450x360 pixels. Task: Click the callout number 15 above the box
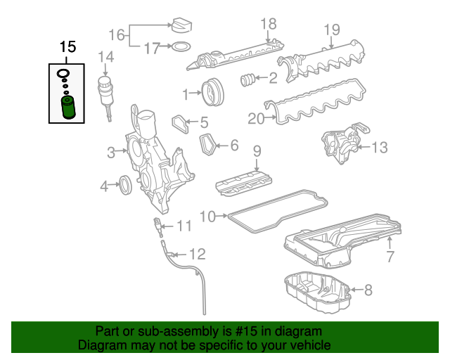[x=67, y=48]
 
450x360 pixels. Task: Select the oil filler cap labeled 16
[x=181, y=26]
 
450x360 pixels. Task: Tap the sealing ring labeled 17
[x=181, y=48]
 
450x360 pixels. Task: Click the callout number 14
[x=105, y=56]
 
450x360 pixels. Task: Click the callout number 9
[x=257, y=150]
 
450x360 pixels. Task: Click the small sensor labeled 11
[x=159, y=227]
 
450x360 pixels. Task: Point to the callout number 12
[x=198, y=254]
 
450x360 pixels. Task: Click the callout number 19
[x=331, y=30]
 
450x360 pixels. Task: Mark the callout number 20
[x=255, y=119]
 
